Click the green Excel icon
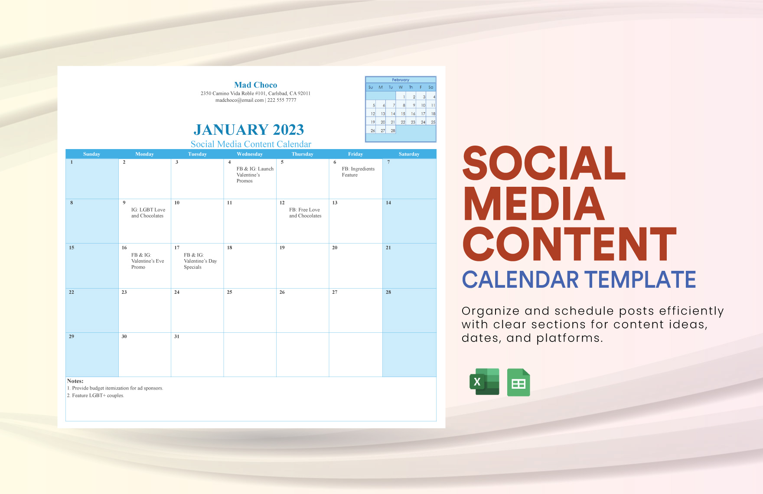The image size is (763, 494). [x=484, y=382]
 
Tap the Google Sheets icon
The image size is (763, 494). [x=518, y=382]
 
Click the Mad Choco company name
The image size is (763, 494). [x=255, y=85]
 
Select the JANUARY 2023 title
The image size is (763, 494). [x=248, y=130]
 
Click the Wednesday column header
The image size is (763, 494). [x=250, y=154]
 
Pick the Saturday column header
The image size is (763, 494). [x=409, y=154]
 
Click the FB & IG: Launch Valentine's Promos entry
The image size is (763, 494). [x=254, y=175]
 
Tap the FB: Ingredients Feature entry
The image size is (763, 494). [x=358, y=172]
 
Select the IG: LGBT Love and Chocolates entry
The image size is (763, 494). [x=148, y=213]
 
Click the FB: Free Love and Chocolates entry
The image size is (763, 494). [x=305, y=213]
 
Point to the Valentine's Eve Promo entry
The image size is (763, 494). [x=147, y=261]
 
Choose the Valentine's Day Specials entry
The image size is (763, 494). [x=200, y=261]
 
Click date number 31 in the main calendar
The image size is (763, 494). [x=177, y=337]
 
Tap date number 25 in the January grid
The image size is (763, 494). [x=229, y=292]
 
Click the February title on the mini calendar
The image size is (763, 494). [x=401, y=80]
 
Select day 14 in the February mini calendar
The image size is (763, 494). [x=393, y=114]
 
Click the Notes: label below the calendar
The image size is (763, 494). [x=75, y=381]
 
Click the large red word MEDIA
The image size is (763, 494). [x=534, y=204]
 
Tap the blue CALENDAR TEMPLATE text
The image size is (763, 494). [x=579, y=279]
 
